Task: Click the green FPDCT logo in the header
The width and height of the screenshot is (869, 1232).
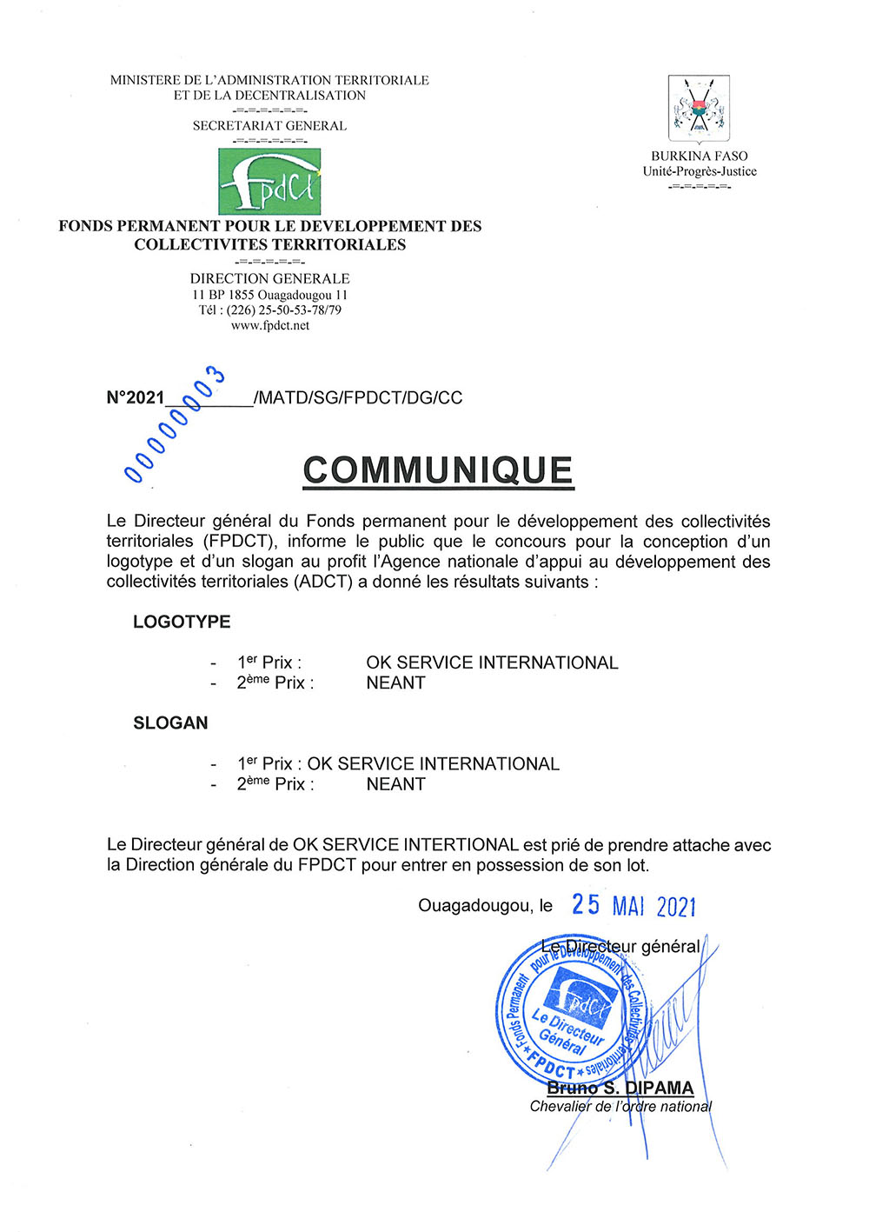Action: click(269, 181)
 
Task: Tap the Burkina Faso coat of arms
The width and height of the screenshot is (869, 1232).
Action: click(699, 110)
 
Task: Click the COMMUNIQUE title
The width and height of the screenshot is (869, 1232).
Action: click(438, 470)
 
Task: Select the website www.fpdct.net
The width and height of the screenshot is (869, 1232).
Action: click(269, 326)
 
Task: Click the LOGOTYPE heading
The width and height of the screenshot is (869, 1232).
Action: click(182, 622)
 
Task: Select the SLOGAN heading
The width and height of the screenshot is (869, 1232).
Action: click(170, 723)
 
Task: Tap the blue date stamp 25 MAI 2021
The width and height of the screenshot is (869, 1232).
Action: click(634, 905)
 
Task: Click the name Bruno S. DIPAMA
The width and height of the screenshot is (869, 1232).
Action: click(620, 1088)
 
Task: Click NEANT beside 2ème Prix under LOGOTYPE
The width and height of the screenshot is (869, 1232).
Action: click(395, 683)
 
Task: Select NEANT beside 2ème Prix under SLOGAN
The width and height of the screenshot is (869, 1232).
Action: click(395, 783)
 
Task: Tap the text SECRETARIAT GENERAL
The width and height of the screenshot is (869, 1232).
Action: click(269, 126)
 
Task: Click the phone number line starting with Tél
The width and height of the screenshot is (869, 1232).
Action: click(269, 310)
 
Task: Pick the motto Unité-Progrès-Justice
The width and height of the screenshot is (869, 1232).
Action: click(700, 171)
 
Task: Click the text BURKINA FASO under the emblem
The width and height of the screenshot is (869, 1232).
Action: click(700, 156)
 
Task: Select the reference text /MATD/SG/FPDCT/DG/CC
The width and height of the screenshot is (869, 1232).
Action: click(358, 398)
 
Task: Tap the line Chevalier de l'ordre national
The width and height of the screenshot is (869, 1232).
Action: click(620, 1107)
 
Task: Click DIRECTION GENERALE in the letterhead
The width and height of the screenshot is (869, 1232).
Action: click(269, 279)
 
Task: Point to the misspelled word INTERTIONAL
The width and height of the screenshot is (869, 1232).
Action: click(461, 844)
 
